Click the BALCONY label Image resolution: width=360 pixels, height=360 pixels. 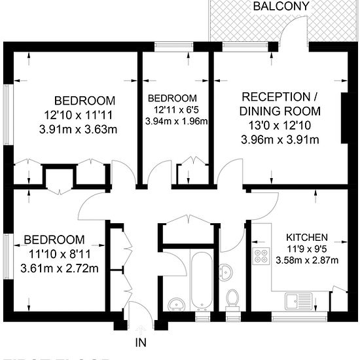pos(281,7)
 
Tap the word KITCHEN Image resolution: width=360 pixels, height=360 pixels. pos(308,237)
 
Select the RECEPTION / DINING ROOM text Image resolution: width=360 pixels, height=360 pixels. pos(280,103)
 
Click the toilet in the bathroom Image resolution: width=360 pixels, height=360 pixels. pos(231,299)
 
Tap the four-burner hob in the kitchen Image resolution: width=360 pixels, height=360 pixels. pos(262,256)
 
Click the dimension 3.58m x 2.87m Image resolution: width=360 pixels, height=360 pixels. pos(308,261)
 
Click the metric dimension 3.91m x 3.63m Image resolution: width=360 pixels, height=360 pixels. pos(79,129)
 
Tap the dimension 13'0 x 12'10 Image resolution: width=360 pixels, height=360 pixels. pos(280,126)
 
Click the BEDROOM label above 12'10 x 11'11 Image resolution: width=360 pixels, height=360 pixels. pos(84,101)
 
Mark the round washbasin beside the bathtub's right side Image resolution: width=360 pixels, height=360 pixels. pos(225,270)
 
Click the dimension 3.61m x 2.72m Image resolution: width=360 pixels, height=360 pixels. pos(60,268)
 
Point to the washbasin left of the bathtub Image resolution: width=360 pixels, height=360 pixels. pos(175,304)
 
